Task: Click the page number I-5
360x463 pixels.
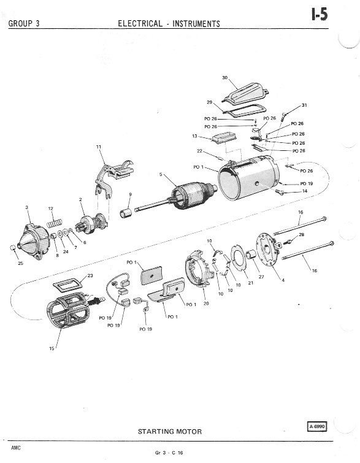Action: click(320, 14)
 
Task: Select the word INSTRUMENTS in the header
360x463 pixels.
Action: click(196, 24)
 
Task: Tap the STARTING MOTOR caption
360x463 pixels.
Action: click(170, 431)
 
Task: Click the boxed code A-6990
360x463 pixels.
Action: click(317, 426)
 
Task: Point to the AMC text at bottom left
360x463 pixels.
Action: click(16, 448)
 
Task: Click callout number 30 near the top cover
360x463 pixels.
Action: click(224, 78)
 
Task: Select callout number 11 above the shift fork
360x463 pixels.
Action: click(99, 147)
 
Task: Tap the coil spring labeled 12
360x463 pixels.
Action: click(55, 223)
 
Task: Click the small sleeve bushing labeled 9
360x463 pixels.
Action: click(126, 213)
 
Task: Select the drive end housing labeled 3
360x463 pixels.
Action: click(33, 242)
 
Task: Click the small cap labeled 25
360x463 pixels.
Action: click(13, 248)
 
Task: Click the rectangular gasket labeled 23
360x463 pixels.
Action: click(67, 285)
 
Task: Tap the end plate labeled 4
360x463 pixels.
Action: click(268, 250)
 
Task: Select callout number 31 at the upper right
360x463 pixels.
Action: click(304, 105)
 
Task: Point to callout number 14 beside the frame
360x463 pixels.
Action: click(305, 191)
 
